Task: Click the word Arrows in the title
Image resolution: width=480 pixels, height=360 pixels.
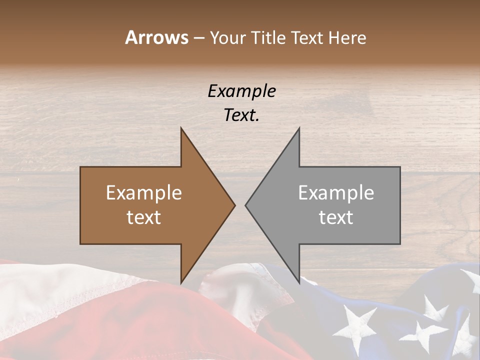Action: point(156,37)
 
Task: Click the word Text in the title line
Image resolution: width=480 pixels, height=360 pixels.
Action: point(307,38)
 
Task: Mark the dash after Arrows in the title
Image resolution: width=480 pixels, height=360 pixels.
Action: point(198,38)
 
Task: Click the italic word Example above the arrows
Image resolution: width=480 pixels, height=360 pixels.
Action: point(241,91)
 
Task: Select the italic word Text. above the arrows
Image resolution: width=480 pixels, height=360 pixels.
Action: point(241,115)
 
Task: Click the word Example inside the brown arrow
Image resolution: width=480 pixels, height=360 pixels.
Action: point(144,192)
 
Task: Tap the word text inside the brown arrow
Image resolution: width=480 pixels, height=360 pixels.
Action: point(144,217)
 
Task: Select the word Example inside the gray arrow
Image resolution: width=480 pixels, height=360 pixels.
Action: point(336,192)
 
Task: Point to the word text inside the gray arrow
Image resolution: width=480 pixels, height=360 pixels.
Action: point(336,217)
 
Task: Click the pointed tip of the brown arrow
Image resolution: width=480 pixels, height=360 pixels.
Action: point(234,205)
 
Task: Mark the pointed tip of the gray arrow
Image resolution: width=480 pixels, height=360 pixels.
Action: point(246,205)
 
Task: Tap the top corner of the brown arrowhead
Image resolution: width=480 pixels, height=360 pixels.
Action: point(181,129)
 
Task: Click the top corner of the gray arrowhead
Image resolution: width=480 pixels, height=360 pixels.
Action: point(298,129)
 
